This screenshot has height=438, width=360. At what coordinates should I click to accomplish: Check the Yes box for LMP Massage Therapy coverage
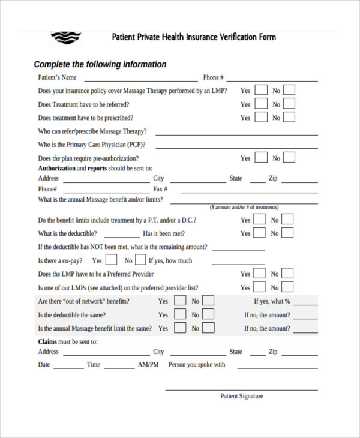[261, 91]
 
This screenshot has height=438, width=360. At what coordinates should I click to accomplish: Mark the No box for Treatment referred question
[289, 104]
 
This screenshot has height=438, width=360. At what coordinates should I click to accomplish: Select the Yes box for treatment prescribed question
[261, 118]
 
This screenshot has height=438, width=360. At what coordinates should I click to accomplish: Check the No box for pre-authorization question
[289, 158]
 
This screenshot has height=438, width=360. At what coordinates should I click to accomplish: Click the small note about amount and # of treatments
[252, 207]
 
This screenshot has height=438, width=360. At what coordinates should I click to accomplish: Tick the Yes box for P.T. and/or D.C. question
[259, 220]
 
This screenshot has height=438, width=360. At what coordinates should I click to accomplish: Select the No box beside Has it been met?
[287, 233]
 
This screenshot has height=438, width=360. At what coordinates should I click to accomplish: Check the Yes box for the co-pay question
[111, 260]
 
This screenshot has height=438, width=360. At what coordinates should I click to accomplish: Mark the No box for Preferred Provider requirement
[287, 274]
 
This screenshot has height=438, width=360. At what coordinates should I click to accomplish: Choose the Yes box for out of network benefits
[179, 301]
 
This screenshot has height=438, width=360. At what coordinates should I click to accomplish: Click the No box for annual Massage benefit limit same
[208, 328]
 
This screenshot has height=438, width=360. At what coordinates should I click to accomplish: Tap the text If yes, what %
[272, 301]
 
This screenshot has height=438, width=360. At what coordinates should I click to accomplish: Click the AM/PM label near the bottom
[148, 365]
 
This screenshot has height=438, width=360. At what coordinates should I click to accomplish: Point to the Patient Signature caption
[241, 396]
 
